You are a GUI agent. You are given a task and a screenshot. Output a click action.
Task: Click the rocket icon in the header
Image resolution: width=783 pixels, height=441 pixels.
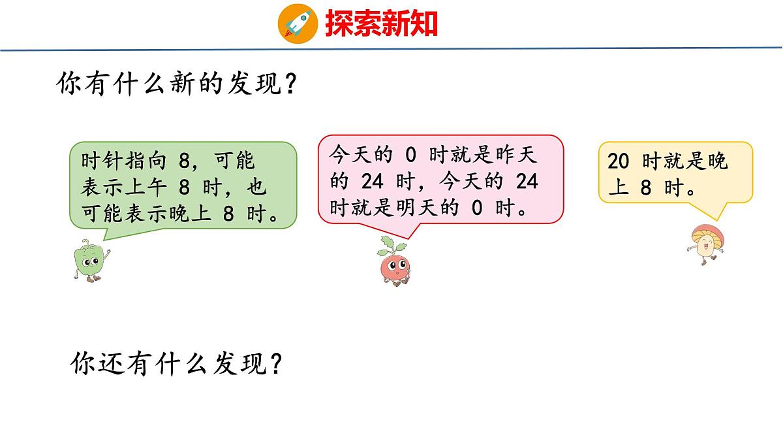(298, 24)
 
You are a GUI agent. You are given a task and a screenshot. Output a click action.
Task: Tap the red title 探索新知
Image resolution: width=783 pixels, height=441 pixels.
(381, 24)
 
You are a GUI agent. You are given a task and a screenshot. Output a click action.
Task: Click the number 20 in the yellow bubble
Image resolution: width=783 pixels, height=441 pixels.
(618, 161)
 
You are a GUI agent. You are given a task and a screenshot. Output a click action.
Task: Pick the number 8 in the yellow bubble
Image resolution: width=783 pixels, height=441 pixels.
(646, 188)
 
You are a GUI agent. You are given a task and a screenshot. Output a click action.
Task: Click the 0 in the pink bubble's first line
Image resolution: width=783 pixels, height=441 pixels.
(410, 155)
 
